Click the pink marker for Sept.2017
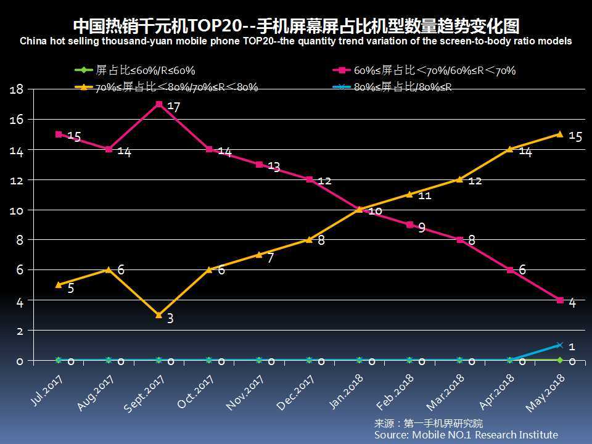(159, 104)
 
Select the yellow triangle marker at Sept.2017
(159, 315)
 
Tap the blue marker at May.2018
(560, 345)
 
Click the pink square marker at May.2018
(560, 300)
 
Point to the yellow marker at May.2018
(560, 134)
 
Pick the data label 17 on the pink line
(174, 107)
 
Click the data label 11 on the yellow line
(425, 195)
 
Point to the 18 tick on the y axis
(17, 89)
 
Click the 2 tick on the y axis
(20, 331)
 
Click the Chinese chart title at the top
(296, 26)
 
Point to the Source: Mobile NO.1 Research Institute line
(466, 435)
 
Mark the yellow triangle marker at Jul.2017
(59, 285)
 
